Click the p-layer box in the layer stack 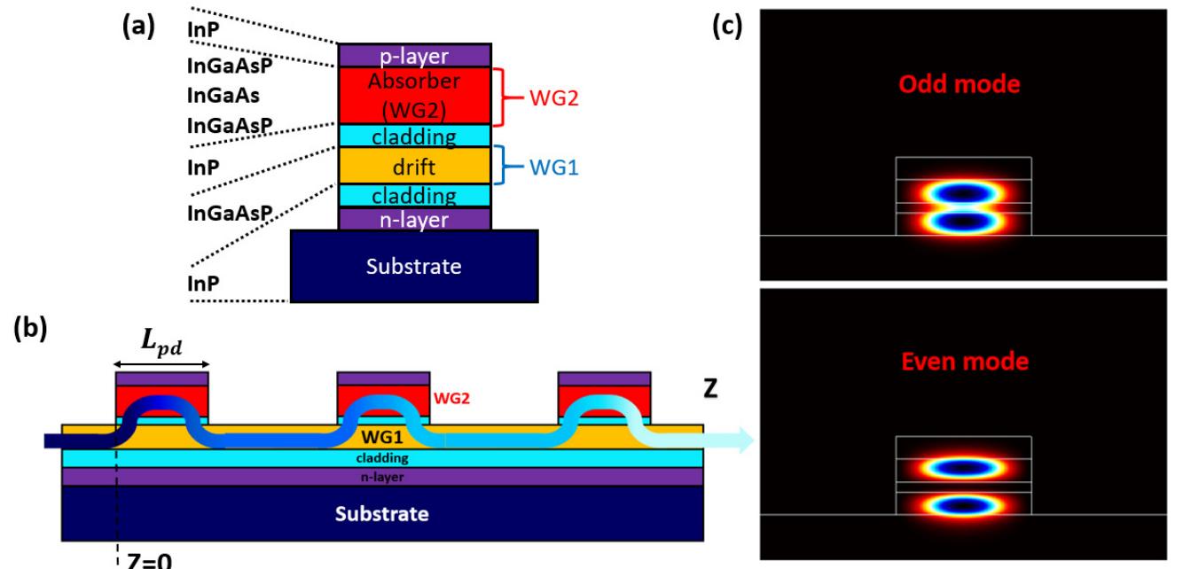tap(414, 55)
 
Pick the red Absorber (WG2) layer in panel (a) tap(414, 96)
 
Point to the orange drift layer tap(414, 166)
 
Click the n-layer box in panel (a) tap(414, 218)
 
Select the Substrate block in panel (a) tap(414, 265)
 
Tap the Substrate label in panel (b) tap(383, 513)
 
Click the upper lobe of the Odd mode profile tap(964, 191)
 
